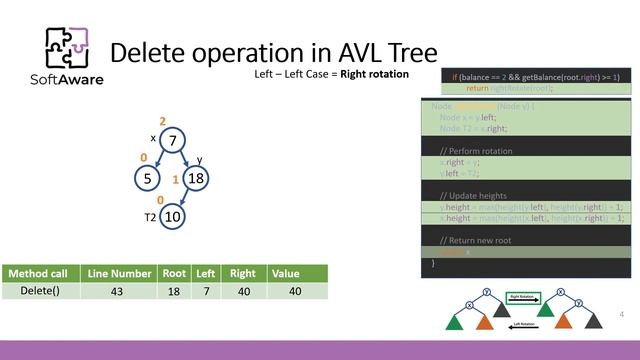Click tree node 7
pos(172,141)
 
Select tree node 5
pos(147,178)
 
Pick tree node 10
pos(172,216)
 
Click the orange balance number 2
pos(162,121)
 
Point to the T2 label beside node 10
pos(149,216)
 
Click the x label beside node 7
pos(153,138)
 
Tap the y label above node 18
pos(199,159)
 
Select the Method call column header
pos(41,273)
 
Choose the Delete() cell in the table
pos(41,291)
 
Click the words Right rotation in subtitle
pos(373,75)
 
